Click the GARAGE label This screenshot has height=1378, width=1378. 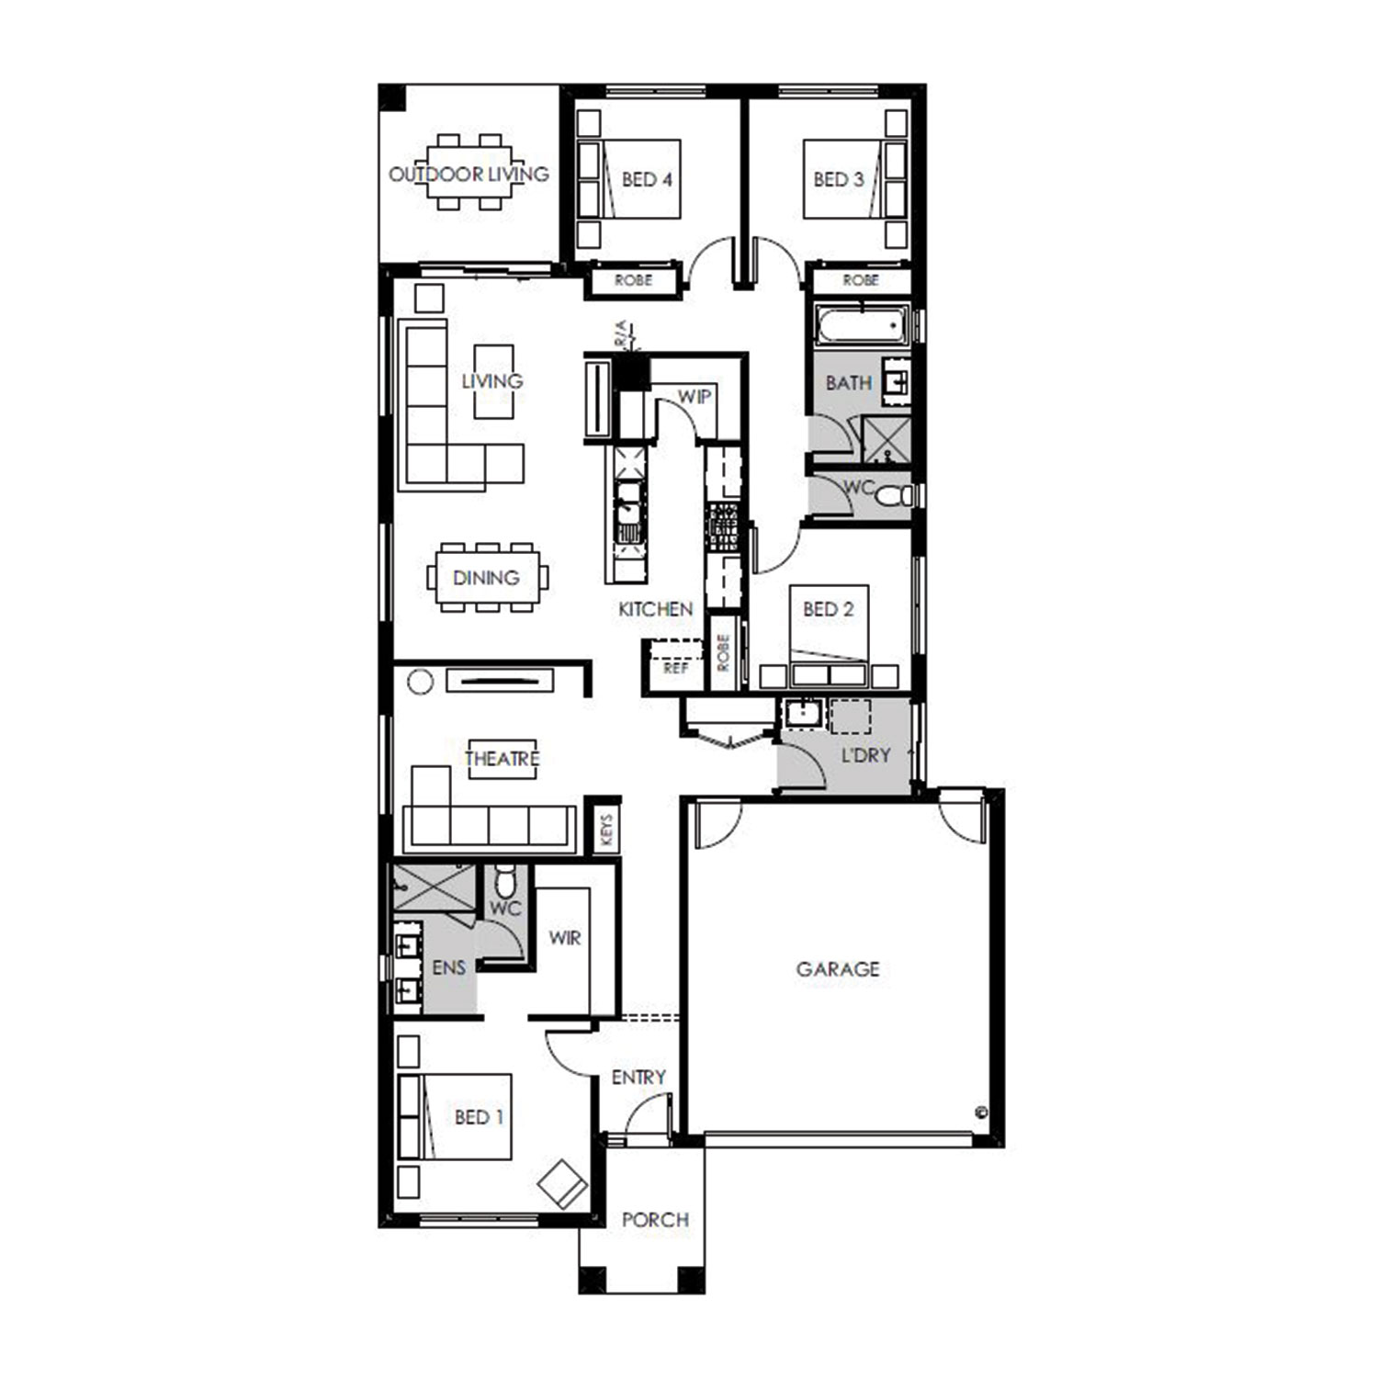click(837, 969)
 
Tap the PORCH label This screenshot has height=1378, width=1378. click(655, 1220)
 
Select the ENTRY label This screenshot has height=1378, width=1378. click(638, 1077)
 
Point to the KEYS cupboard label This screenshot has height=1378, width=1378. click(605, 830)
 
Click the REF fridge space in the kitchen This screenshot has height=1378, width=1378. click(676, 668)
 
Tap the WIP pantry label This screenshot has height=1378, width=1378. click(695, 397)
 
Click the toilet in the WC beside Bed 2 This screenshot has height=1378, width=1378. click(892, 497)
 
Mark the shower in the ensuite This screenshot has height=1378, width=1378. click(435, 887)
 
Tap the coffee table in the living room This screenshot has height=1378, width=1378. click(493, 381)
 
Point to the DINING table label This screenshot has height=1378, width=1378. click(486, 578)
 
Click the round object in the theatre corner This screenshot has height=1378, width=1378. click(420, 683)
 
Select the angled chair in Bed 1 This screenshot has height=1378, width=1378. click(562, 1185)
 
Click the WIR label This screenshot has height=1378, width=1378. click(565, 938)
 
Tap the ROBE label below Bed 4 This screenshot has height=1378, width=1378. click(633, 280)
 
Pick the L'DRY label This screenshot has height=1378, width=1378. click(866, 755)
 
